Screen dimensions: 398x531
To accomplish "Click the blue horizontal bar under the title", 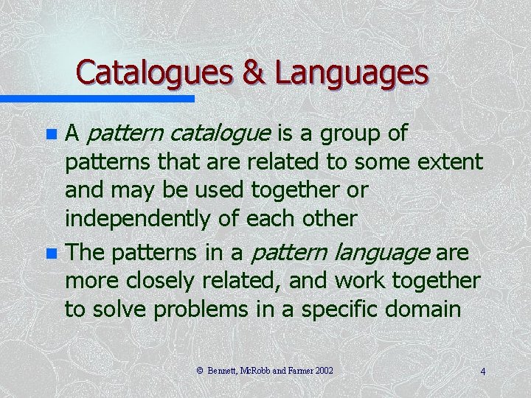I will tap(97, 98).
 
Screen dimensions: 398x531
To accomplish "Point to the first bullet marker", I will tap(51, 136).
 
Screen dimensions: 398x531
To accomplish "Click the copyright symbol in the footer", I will tap(200, 371).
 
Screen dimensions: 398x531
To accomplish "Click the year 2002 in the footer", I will tap(323, 371).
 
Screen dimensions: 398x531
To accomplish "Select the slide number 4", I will tap(482, 371).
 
